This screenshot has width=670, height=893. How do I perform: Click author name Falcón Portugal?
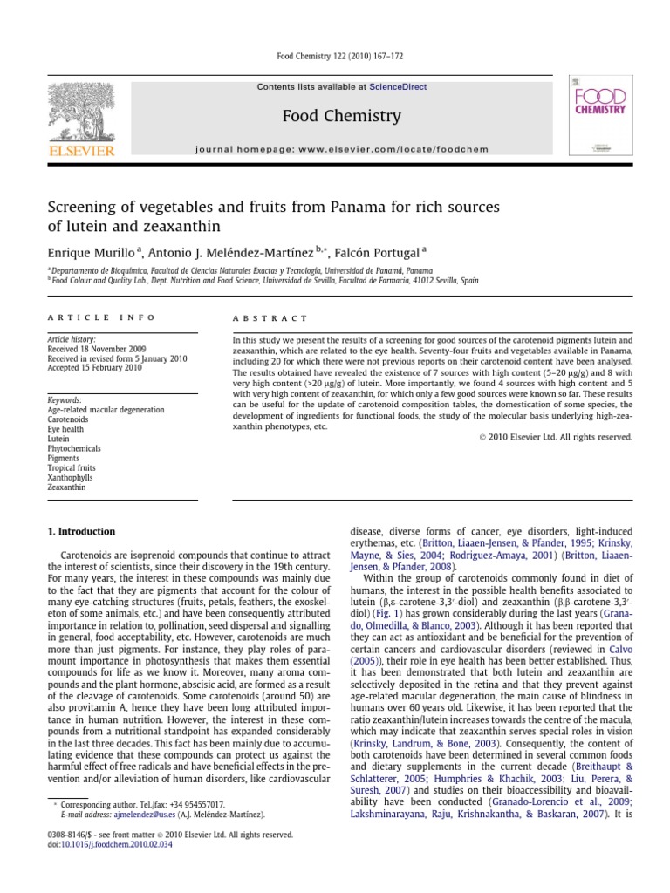[377, 252]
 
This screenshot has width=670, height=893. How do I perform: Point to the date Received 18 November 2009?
[96, 347]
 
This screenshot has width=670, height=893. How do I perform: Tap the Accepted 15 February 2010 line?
[94, 368]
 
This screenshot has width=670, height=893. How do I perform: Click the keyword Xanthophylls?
[70, 478]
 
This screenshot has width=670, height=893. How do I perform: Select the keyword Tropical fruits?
[72, 468]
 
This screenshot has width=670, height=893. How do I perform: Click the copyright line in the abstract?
[556, 436]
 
